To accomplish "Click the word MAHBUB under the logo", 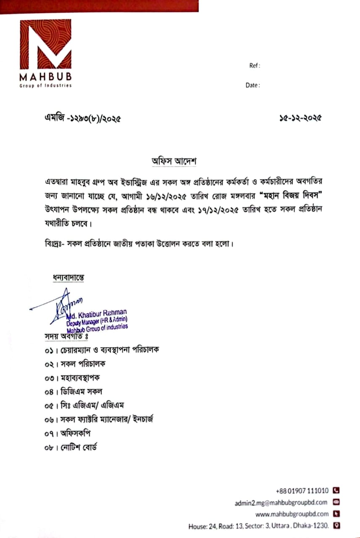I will pos(45,77).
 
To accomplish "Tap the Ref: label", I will pos(255,66).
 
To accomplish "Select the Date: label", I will pos(252,85).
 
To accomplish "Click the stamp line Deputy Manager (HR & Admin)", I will pos(97,321).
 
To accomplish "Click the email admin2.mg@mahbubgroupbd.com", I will pos(281,502).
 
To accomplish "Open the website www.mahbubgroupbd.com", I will pos(292,514).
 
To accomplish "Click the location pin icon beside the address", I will pos(336,525).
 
